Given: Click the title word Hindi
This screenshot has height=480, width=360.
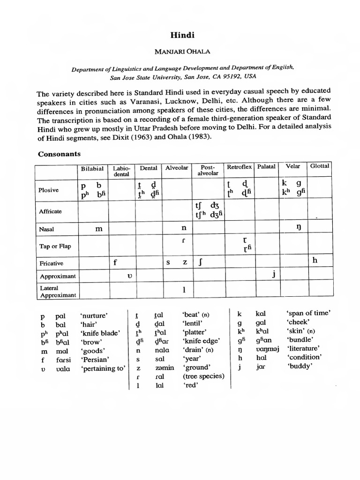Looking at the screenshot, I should coord(180,35).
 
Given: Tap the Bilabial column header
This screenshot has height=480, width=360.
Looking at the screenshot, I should coord(92,168).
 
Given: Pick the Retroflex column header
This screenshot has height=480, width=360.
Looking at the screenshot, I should coord(240,167).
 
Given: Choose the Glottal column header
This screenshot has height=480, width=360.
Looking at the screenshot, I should coord(319,166).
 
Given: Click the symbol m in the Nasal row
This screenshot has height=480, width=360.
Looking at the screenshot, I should coord(98,228).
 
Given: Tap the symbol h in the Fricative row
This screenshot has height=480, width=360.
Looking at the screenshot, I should coord(315,261).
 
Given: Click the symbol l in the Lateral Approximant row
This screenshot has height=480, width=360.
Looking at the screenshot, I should coord(185,290).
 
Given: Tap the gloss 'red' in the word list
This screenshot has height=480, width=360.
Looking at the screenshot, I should coord(189,385).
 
